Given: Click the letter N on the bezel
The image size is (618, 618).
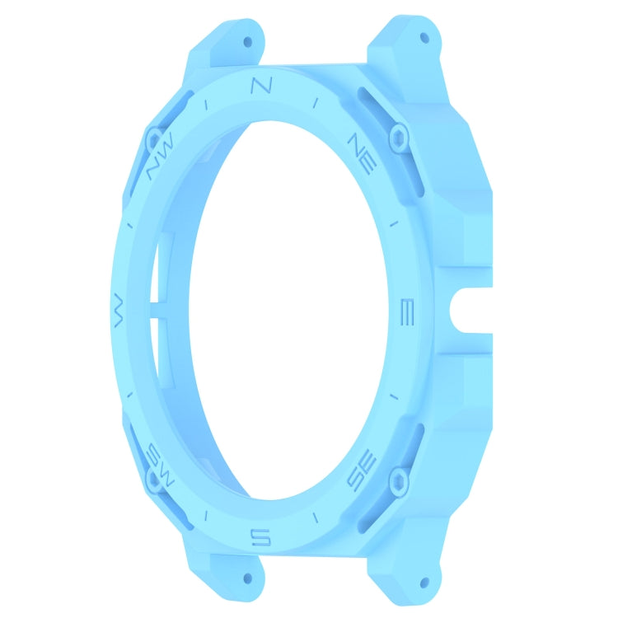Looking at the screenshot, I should tap(260, 85).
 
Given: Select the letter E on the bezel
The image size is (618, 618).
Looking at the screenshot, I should tap(405, 312).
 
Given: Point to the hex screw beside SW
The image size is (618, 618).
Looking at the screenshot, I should tap(152, 478).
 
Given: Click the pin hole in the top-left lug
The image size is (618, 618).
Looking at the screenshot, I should tap(247, 39).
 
